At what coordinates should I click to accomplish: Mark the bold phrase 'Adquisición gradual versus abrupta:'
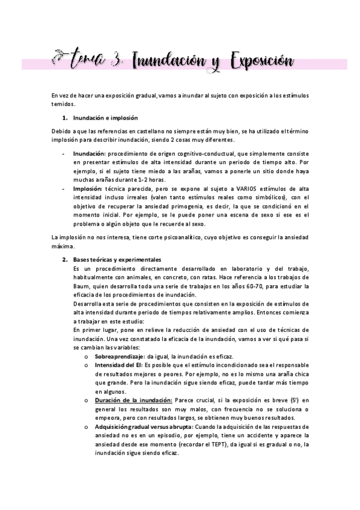[142, 426]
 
